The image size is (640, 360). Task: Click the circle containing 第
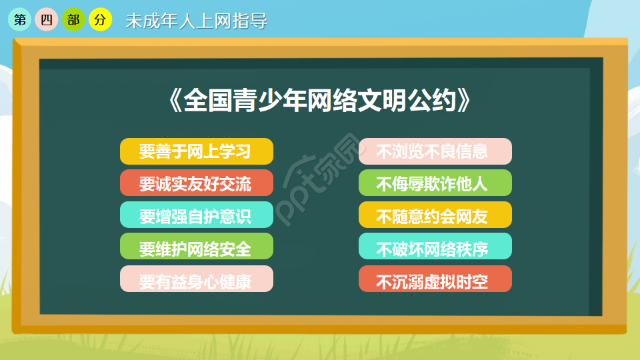[19, 20]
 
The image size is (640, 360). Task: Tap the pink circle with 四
[46, 20]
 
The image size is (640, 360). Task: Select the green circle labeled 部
[73, 20]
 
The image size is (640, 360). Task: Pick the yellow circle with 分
[100, 20]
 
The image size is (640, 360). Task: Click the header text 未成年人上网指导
[196, 21]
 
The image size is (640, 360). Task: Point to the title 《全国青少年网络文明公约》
[319, 101]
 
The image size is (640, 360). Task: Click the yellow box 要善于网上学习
[196, 151]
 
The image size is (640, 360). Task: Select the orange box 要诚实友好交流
[196, 183]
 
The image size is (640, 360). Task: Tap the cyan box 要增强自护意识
[196, 215]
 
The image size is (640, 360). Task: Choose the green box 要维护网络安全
[196, 247]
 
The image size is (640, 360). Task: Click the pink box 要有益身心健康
[196, 279]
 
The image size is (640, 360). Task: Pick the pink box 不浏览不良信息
[435, 151]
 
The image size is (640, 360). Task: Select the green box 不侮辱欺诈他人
[435, 183]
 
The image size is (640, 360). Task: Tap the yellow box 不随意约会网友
[435, 215]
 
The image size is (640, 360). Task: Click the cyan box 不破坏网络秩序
[435, 247]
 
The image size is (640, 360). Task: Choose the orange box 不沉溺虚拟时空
[435, 279]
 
